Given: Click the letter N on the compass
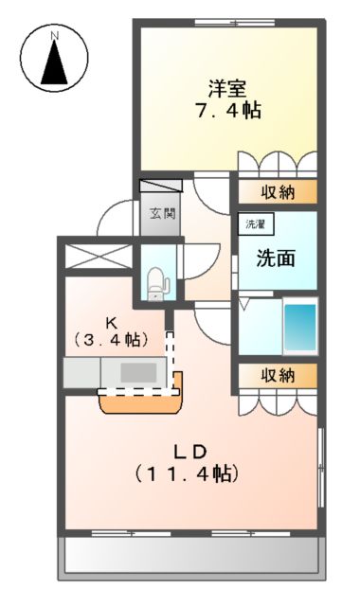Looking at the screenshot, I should point(54,37).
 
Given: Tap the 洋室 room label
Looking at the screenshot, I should point(227,89).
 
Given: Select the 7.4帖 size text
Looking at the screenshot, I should point(227,110).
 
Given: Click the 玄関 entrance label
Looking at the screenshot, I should point(162,214).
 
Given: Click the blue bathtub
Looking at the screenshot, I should point(300,327).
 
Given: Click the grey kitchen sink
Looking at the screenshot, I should point(138,372).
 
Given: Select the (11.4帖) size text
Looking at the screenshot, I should point(186,471).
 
